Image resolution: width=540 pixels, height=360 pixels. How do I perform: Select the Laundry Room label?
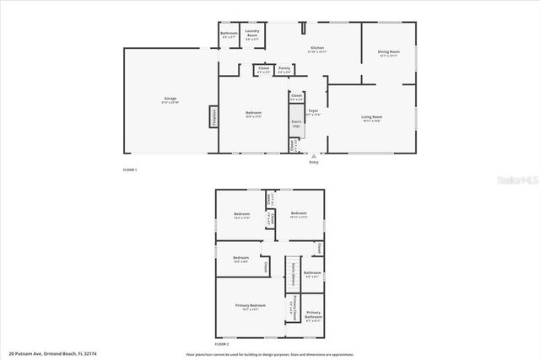252,35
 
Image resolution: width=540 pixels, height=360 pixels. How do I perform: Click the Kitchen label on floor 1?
317,50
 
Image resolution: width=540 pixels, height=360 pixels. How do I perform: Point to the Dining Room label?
388,54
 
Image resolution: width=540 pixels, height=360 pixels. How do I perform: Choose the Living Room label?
372,118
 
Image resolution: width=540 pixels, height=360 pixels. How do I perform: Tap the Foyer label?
312,112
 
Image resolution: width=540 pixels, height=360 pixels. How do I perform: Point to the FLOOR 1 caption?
129,171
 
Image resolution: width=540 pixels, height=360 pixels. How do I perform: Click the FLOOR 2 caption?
222,345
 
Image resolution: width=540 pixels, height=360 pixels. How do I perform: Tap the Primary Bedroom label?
251,307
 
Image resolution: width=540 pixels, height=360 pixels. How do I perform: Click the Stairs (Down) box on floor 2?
291,275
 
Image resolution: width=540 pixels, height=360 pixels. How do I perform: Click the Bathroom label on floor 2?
312,274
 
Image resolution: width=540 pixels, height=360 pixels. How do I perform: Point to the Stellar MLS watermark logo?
513,180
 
